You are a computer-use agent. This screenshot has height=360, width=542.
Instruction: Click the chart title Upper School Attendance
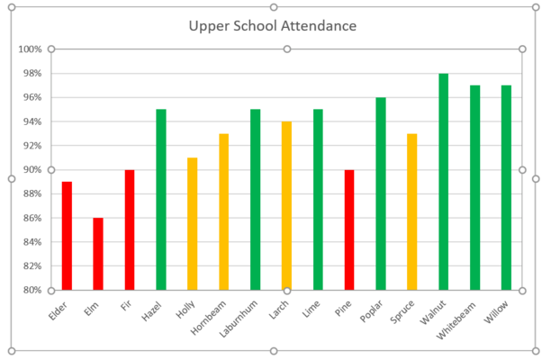coord(272,26)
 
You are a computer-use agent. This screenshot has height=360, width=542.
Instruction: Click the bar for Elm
coord(98,254)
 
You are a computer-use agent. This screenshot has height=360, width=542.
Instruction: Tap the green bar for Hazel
coord(161,200)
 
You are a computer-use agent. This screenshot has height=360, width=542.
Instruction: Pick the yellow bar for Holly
coord(193,224)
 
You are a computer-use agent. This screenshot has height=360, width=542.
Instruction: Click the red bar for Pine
coord(349,229)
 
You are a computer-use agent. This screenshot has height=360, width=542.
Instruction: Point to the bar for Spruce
coord(412,211)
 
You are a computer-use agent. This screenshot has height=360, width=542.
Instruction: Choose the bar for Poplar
coord(381,193)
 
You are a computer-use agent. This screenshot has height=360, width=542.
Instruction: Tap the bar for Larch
coord(286,205)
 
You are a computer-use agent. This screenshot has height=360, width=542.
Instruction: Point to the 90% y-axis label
coord(33,170)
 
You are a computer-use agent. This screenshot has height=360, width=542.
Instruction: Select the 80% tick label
coord(33,290)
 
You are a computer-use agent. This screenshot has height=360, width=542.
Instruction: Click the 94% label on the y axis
coord(33,121)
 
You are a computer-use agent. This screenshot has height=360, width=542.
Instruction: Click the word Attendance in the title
coord(312,26)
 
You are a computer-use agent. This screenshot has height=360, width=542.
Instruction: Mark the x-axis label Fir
coord(129,306)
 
